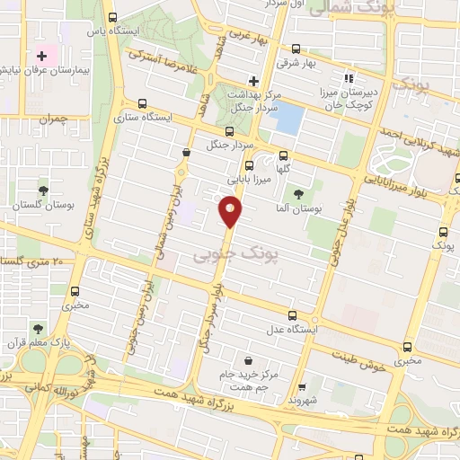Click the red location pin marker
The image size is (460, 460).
229,212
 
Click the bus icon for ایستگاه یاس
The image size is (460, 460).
112,17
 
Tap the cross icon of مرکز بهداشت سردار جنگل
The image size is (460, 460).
254,82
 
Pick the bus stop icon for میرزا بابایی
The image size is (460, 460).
250,165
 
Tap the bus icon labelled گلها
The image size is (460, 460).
284,154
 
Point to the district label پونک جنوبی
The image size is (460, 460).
225,256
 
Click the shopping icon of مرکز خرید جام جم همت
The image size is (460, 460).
235,359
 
